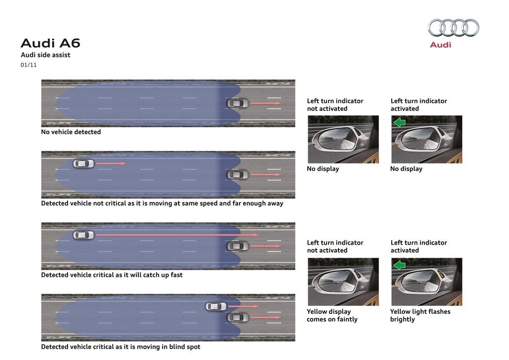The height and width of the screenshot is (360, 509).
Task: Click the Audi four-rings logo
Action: click(453, 27)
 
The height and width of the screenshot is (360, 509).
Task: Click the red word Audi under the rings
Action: click(440, 45)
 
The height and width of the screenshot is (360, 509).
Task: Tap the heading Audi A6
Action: click(50, 43)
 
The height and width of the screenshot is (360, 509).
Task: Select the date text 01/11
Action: click(28, 65)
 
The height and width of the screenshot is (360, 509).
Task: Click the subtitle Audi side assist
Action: click(45, 55)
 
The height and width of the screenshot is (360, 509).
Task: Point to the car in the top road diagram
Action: click(238, 103)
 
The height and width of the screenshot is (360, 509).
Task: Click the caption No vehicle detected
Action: click(71, 132)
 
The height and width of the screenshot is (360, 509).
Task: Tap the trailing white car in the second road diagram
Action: click(84, 163)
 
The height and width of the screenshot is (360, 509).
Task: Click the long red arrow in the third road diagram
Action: click(177, 235)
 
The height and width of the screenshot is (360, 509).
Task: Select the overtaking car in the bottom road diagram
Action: click(216, 306)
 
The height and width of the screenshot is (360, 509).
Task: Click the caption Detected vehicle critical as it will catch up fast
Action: click(112, 275)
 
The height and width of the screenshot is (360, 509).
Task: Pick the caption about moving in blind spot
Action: click(120, 347)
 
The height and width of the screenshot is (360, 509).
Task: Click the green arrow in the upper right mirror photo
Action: click(400, 122)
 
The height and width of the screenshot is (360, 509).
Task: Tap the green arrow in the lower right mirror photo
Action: click(400, 265)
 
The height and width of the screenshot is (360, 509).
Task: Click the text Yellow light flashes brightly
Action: click(420, 315)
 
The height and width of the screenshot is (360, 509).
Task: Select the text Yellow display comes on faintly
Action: click(332, 315)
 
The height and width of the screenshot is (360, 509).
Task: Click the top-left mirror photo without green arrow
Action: click(343, 139)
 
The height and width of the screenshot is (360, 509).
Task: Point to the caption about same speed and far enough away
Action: click(162, 203)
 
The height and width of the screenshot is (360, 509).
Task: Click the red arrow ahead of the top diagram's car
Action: click(266, 103)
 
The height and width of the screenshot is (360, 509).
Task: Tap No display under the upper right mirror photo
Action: click(406, 169)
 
